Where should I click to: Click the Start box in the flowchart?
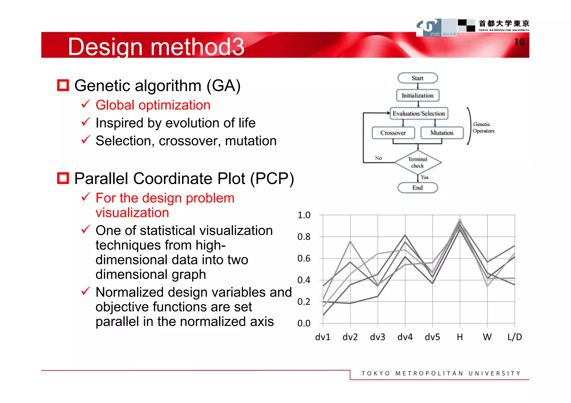pos(417,78)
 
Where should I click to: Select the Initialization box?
pos(417,95)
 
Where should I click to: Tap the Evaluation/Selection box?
pos(418,113)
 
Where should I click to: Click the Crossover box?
pos(393,133)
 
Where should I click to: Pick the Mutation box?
pos(442,133)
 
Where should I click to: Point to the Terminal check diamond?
pos(417,162)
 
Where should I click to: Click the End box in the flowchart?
pos(417,188)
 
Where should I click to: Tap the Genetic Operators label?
pos(483,127)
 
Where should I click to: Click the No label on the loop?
pos(378,158)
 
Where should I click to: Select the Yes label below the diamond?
pos(424,177)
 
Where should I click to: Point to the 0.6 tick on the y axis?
pos(304,259)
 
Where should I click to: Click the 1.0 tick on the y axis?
pos(304,215)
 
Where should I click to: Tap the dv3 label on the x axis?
pos(378,337)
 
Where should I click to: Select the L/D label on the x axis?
pos(514,337)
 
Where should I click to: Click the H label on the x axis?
pos(460,337)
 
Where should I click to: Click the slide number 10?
pos(519,42)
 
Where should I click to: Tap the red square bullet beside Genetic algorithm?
pos(63,85)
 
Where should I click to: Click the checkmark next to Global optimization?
pos(86,104)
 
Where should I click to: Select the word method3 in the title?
pos(197,46)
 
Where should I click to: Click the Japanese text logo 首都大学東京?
pos(504,23)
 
